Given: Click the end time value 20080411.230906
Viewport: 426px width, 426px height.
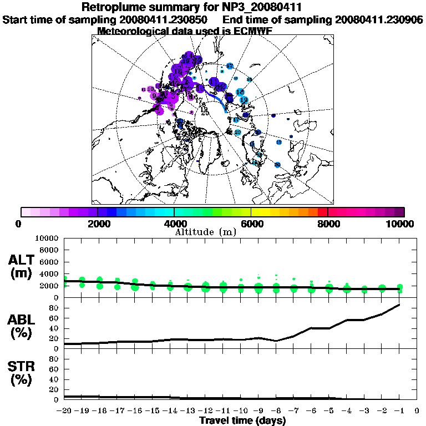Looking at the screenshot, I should coord(379,19).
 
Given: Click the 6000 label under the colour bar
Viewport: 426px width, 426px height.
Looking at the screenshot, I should coord(251,224).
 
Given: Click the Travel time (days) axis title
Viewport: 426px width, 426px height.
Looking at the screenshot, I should coord(242,421).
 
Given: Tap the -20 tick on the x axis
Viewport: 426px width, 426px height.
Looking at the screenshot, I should coord(65,410).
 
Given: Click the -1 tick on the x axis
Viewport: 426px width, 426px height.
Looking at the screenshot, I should coord(399,410).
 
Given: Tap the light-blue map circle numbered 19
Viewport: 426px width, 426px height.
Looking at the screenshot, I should coord(244,100).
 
